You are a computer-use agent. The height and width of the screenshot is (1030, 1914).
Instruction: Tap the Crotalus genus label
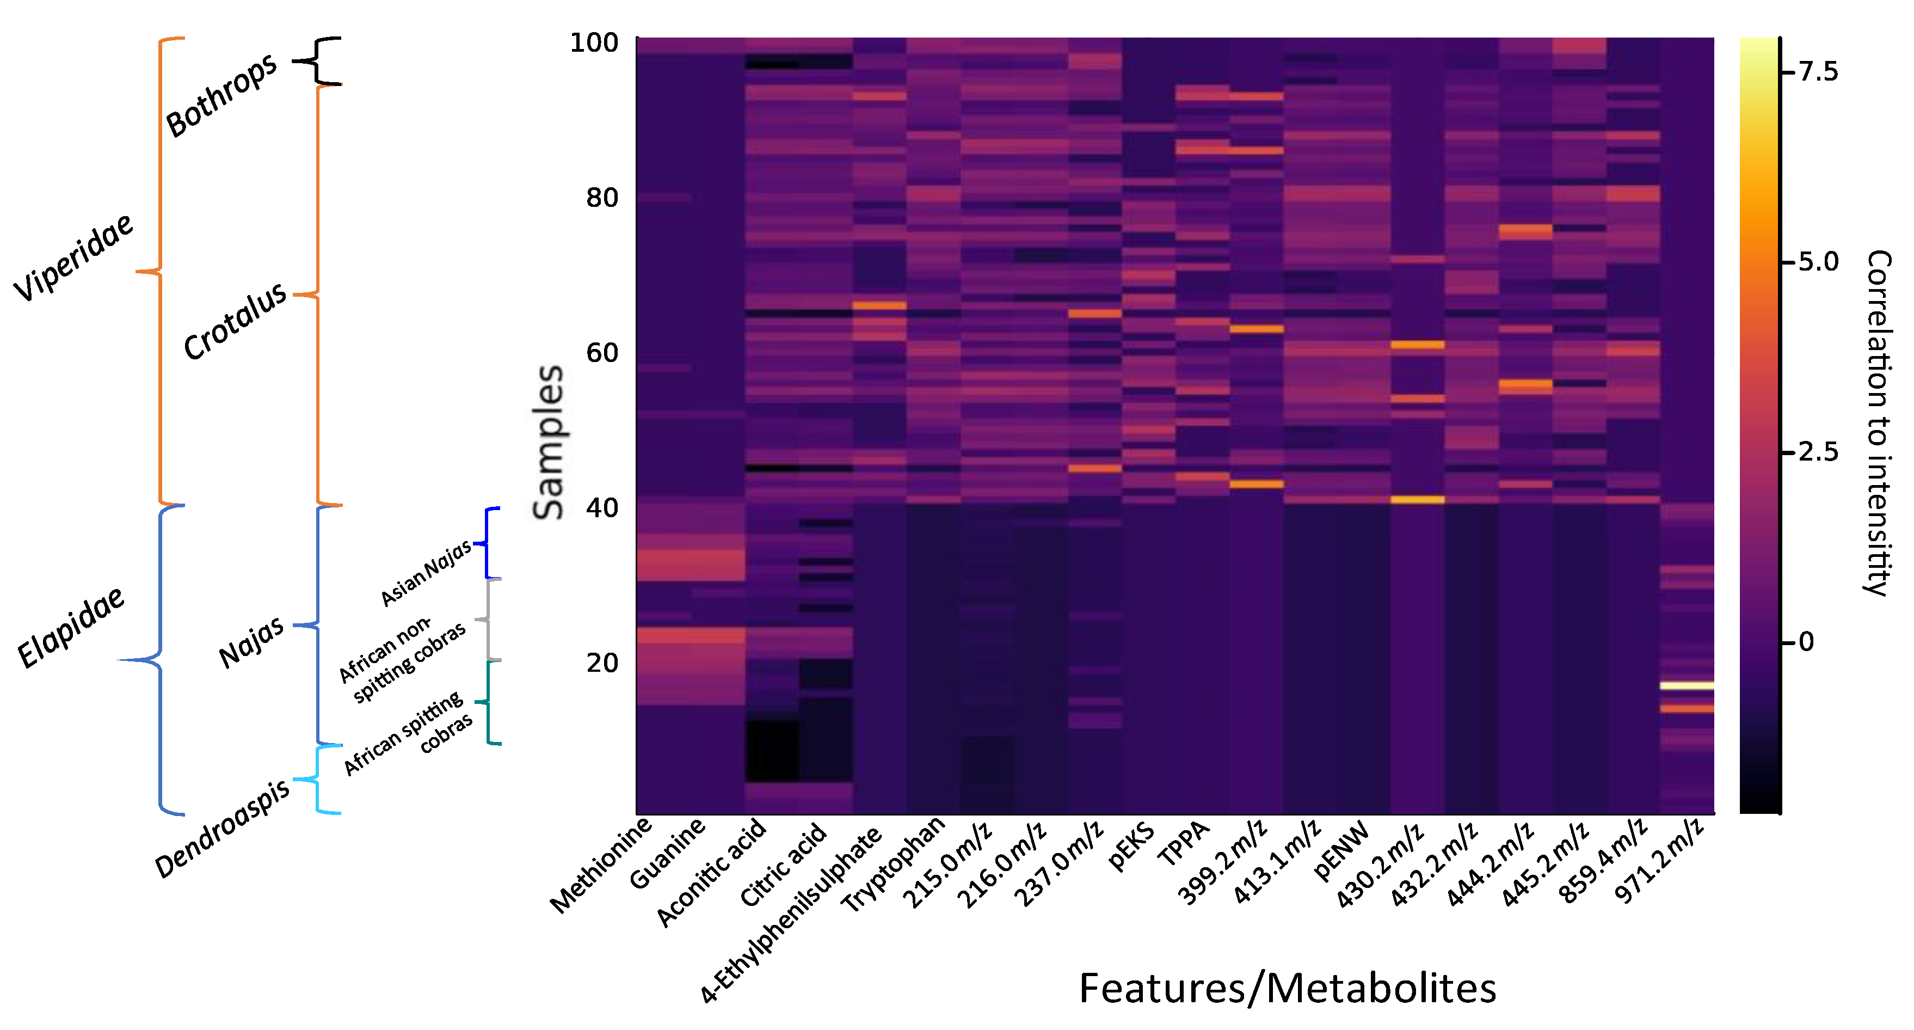point(235,321)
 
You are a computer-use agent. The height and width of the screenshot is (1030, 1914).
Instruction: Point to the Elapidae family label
point(71,628)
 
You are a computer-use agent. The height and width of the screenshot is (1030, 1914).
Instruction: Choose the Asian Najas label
point(425,572)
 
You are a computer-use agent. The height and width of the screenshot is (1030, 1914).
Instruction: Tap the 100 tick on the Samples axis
point(594,42)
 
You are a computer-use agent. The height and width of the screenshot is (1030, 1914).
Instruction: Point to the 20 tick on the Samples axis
point(602,663)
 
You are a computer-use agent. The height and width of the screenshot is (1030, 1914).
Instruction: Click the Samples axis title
point(549,442)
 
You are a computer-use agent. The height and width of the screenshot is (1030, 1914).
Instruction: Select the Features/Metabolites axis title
point(1287,989)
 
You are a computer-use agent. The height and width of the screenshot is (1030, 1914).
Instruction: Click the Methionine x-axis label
point(600,866)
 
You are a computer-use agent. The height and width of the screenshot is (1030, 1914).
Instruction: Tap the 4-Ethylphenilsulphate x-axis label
point(792,915)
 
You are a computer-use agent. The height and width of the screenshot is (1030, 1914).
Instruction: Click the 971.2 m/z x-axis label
point(1660,861)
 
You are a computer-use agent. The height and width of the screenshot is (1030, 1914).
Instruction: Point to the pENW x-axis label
point(1341,851)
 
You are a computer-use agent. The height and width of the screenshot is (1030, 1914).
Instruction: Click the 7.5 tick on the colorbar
point(1818,72)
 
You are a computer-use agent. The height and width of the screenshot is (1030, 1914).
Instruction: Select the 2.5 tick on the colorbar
point(1818,452)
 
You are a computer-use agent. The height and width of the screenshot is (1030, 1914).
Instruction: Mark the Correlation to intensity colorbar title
point(1878,424)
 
